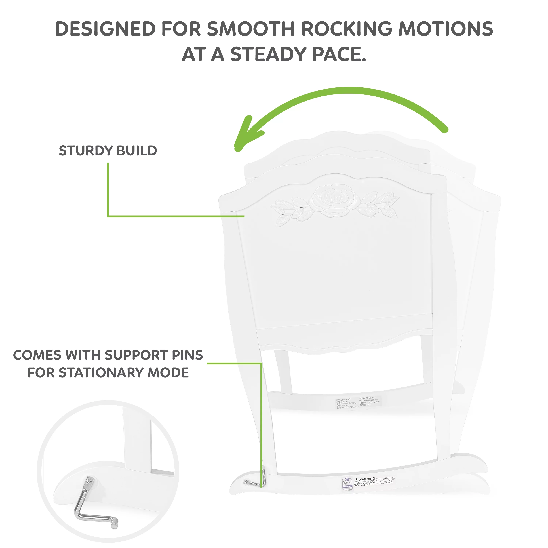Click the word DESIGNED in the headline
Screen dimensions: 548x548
pos(105,29)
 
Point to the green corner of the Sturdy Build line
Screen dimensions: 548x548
pos(108,216)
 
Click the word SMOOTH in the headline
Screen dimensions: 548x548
pos(251,29)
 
